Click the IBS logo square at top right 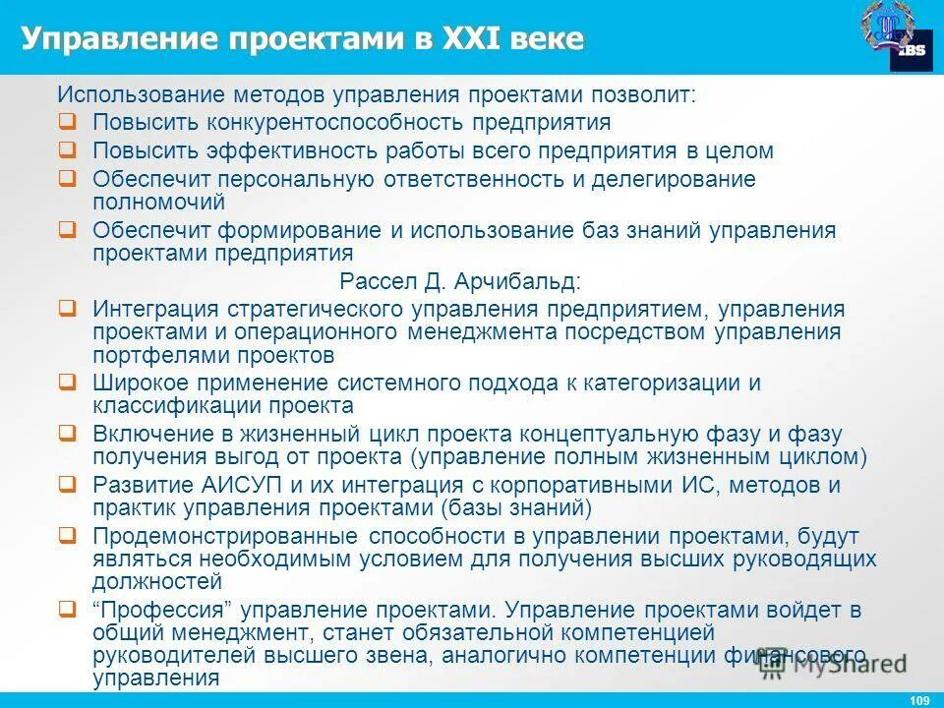(912, 54)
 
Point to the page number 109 (920, 699)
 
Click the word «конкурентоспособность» (335, 123)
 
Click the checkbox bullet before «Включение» (67, 432)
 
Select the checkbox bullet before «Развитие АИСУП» (67, 484)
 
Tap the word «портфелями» (147, 354)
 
